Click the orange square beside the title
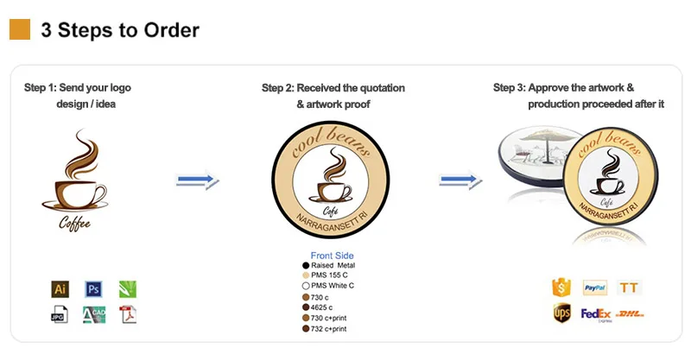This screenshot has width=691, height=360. tap(20, 30)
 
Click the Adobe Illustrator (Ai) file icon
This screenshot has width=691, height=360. tap(60, 289)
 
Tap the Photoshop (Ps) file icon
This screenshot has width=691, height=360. tap(93, 289)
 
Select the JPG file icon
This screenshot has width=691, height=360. tap(60, 315)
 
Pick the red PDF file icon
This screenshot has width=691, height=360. tap(128, 315)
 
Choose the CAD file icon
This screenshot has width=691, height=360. tap(93, 315)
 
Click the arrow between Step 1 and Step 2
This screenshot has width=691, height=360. tap(198, 180)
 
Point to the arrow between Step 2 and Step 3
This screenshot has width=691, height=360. tap(460, 180)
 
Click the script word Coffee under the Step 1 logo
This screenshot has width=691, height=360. tap(74, 224)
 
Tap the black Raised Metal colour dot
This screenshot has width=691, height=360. tap(306, 265)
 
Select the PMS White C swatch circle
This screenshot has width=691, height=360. tap(306, 286)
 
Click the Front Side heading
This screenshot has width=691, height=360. tap(333, 256)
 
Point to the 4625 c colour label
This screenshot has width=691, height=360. tap(325, 307)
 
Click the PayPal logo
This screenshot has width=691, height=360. tap(595, 287)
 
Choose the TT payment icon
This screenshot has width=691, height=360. tap(630, 287)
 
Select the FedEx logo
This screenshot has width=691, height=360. tap(596, 314)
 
